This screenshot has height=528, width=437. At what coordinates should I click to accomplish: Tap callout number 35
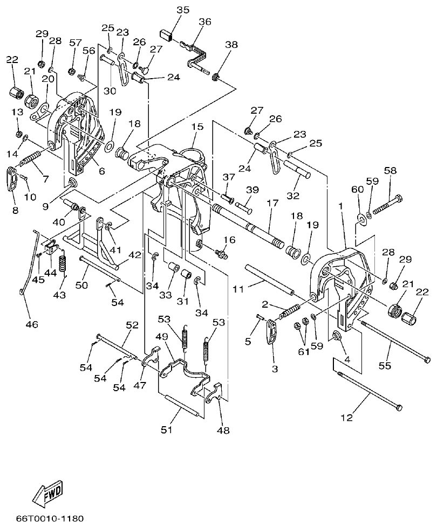(183, 10)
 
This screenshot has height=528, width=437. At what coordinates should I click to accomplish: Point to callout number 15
(197, 127)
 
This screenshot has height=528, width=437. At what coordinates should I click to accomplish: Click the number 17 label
(271, 203)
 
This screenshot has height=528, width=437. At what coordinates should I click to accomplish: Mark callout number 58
(390, 171)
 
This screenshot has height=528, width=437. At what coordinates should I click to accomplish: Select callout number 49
(161, 336)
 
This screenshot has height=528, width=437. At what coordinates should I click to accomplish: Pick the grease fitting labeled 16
(219, 251)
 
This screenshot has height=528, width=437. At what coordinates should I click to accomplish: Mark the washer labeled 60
(360, 218)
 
